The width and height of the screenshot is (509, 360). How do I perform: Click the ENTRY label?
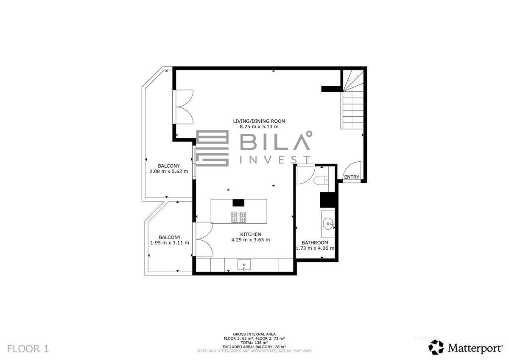click(352, 177)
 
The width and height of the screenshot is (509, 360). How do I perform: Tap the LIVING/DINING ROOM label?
click(259, 121)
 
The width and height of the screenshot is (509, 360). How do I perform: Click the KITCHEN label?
click(251, 234)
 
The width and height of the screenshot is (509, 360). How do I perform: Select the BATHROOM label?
click(315, 243)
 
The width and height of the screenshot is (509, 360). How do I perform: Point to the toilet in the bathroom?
click(322, 180)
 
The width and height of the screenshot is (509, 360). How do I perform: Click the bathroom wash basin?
click(328, 224)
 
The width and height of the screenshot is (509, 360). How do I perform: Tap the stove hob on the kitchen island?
click(238, 217)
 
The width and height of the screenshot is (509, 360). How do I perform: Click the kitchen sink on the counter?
click(244, 264)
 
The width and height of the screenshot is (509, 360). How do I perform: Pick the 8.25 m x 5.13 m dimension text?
click(259, 127)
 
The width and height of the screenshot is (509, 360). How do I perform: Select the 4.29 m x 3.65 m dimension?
click(251, 240)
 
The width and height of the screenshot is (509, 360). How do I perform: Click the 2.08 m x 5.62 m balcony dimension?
click(169, 172)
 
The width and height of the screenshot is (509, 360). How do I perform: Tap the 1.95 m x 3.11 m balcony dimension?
click(170, 243)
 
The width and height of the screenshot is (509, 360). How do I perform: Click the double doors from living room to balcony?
click(183, 107)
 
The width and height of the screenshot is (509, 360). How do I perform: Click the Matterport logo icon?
click(436, 347)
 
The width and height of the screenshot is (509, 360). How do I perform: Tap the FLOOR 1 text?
click(28, 349)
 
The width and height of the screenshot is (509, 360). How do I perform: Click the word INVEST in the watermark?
click(275, 160)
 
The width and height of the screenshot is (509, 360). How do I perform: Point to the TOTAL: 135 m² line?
click(254, 343)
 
